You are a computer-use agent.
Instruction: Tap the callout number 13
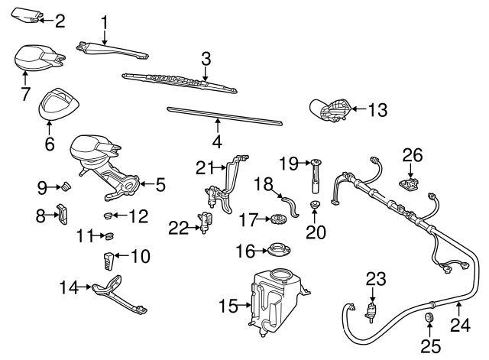377,110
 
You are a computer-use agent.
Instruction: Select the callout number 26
413,155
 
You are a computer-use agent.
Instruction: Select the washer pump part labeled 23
373,311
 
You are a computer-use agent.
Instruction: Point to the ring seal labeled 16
277,250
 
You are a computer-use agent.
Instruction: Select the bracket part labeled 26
411,184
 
